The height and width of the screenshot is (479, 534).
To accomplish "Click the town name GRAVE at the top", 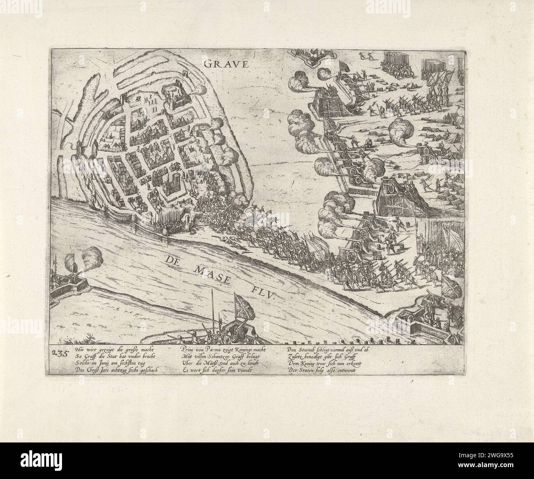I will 222,64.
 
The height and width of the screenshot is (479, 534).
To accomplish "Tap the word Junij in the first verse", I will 108,363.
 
